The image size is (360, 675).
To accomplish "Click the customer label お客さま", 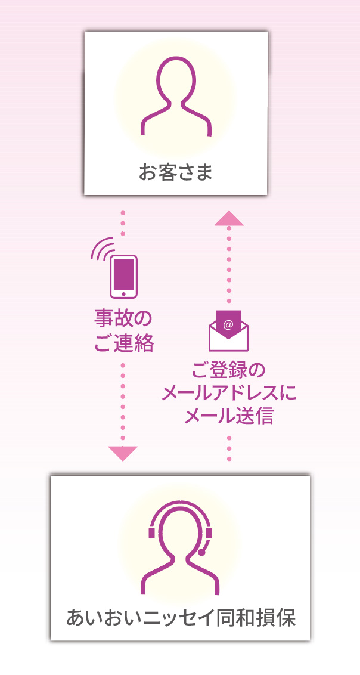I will pyautogui.click(x=176, y=173).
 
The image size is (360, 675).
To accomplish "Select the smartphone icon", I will pyautogui.click(x=123, y=276).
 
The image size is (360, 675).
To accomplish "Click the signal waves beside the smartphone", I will pyautogui.click(x=102, y=248).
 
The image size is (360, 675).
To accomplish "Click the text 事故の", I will pyautogui.click(x=123, y=318).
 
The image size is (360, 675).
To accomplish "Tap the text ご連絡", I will pyautogui.click(x=124, y=343).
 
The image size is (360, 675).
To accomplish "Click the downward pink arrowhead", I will pyautogui.click(x=123, y=453).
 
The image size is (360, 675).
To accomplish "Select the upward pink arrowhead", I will pyautogui.click(x=229, y=218).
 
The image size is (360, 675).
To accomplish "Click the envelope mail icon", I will pyautogui.click(x=228, y=332).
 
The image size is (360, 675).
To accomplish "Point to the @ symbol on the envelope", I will pyautogui.click(x=228, y=324).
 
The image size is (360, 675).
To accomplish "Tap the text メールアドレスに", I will pyautogui.click(x=229, y=392).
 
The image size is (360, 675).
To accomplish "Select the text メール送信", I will pyautogui.click(x=229, y=416).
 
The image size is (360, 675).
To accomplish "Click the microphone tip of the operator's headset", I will pyautogui.click(x=202, y=553).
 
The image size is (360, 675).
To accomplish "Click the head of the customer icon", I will pyautogui.click(x=176, y=80).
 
